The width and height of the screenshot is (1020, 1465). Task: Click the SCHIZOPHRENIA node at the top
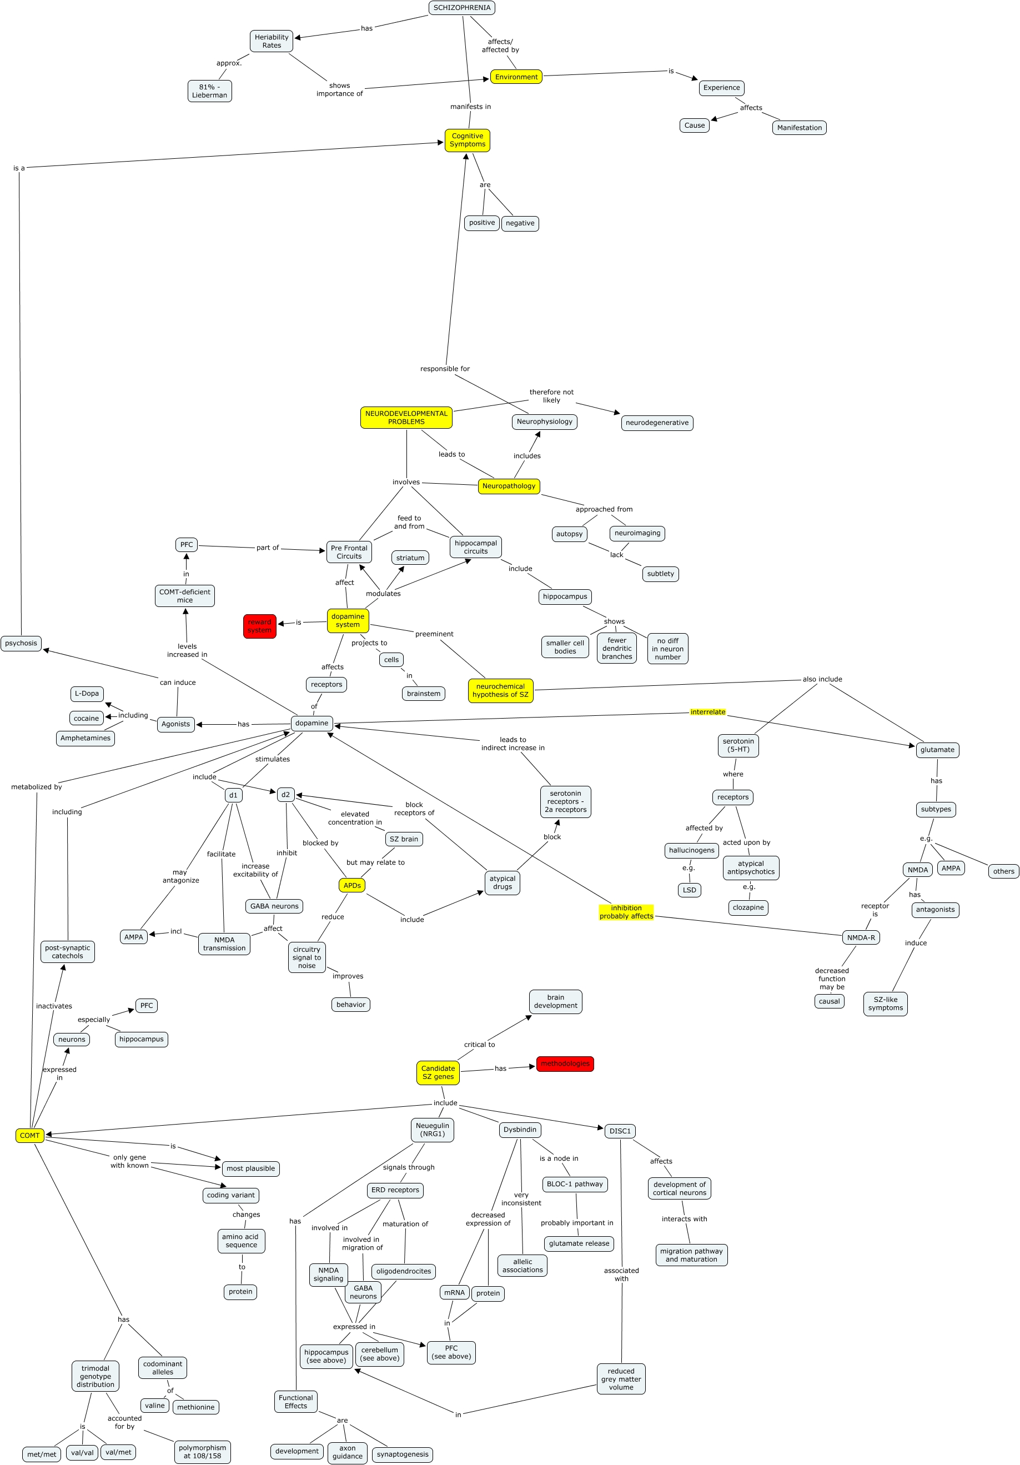pyautogui.click(x=461, y=8)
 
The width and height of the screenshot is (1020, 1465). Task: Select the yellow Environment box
pyautogui.click(x=516, y=77)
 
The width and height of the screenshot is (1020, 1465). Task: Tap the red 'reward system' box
pyautogui.click(x=260, y=626)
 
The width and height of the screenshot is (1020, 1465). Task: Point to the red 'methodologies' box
pyautogui.click(x=565, y=1063)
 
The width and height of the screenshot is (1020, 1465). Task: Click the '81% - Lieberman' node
pyautogui.click(x=209, y=91)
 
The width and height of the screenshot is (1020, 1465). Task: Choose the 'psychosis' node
pyautogui.click(x=21, y=643)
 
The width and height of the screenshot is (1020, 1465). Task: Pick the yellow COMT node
pyautogui.click(x=29, y=1135)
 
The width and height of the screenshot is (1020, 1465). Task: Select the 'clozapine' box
pyautogui.click(x=748, y=907)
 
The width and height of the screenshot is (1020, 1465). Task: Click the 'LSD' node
pyautogui.click(x=689, y=890)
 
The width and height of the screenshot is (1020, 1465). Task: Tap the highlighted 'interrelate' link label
pyautogui.click(x=707, y=712)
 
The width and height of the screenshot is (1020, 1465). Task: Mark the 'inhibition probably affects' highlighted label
pyautogui.click(x=626, y=912)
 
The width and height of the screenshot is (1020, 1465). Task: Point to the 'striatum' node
pyautogui.click(x=410, y=558)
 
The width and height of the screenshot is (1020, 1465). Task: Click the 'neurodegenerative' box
pyautogui.click(x=656, y=423)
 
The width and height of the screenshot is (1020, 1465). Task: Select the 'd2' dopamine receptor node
pyautogui.click(x=285, y=794)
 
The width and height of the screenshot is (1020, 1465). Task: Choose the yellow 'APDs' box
pyautogui.click(x=352, y=885)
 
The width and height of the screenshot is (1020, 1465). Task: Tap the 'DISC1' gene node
pyautogui.click(x=620, y=1131)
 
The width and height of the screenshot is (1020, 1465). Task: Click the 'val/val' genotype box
pyautogui.click(x=82, y=1453)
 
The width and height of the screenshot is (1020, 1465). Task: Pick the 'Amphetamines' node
pyautogui.click(x=86, y=738)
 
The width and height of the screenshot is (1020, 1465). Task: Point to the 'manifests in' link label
pyautogui.click(x=470, y=107)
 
